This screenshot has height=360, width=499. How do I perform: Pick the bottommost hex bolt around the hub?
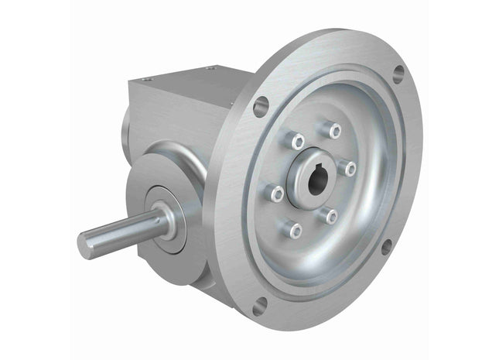pyautogui.click(x=293, y=229)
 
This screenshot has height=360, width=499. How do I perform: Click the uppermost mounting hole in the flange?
pyautogui.click(x=398, y=73)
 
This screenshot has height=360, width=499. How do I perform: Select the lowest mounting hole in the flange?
pyautogui.click(x=259, y=305)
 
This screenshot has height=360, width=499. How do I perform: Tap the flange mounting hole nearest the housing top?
pyautogui.click(x=261, y=105)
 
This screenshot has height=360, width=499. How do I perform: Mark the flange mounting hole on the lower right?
pyautogui.click(x=385, y=248)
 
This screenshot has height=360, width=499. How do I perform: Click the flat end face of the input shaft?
pyautogui.click(x=85, y=245)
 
